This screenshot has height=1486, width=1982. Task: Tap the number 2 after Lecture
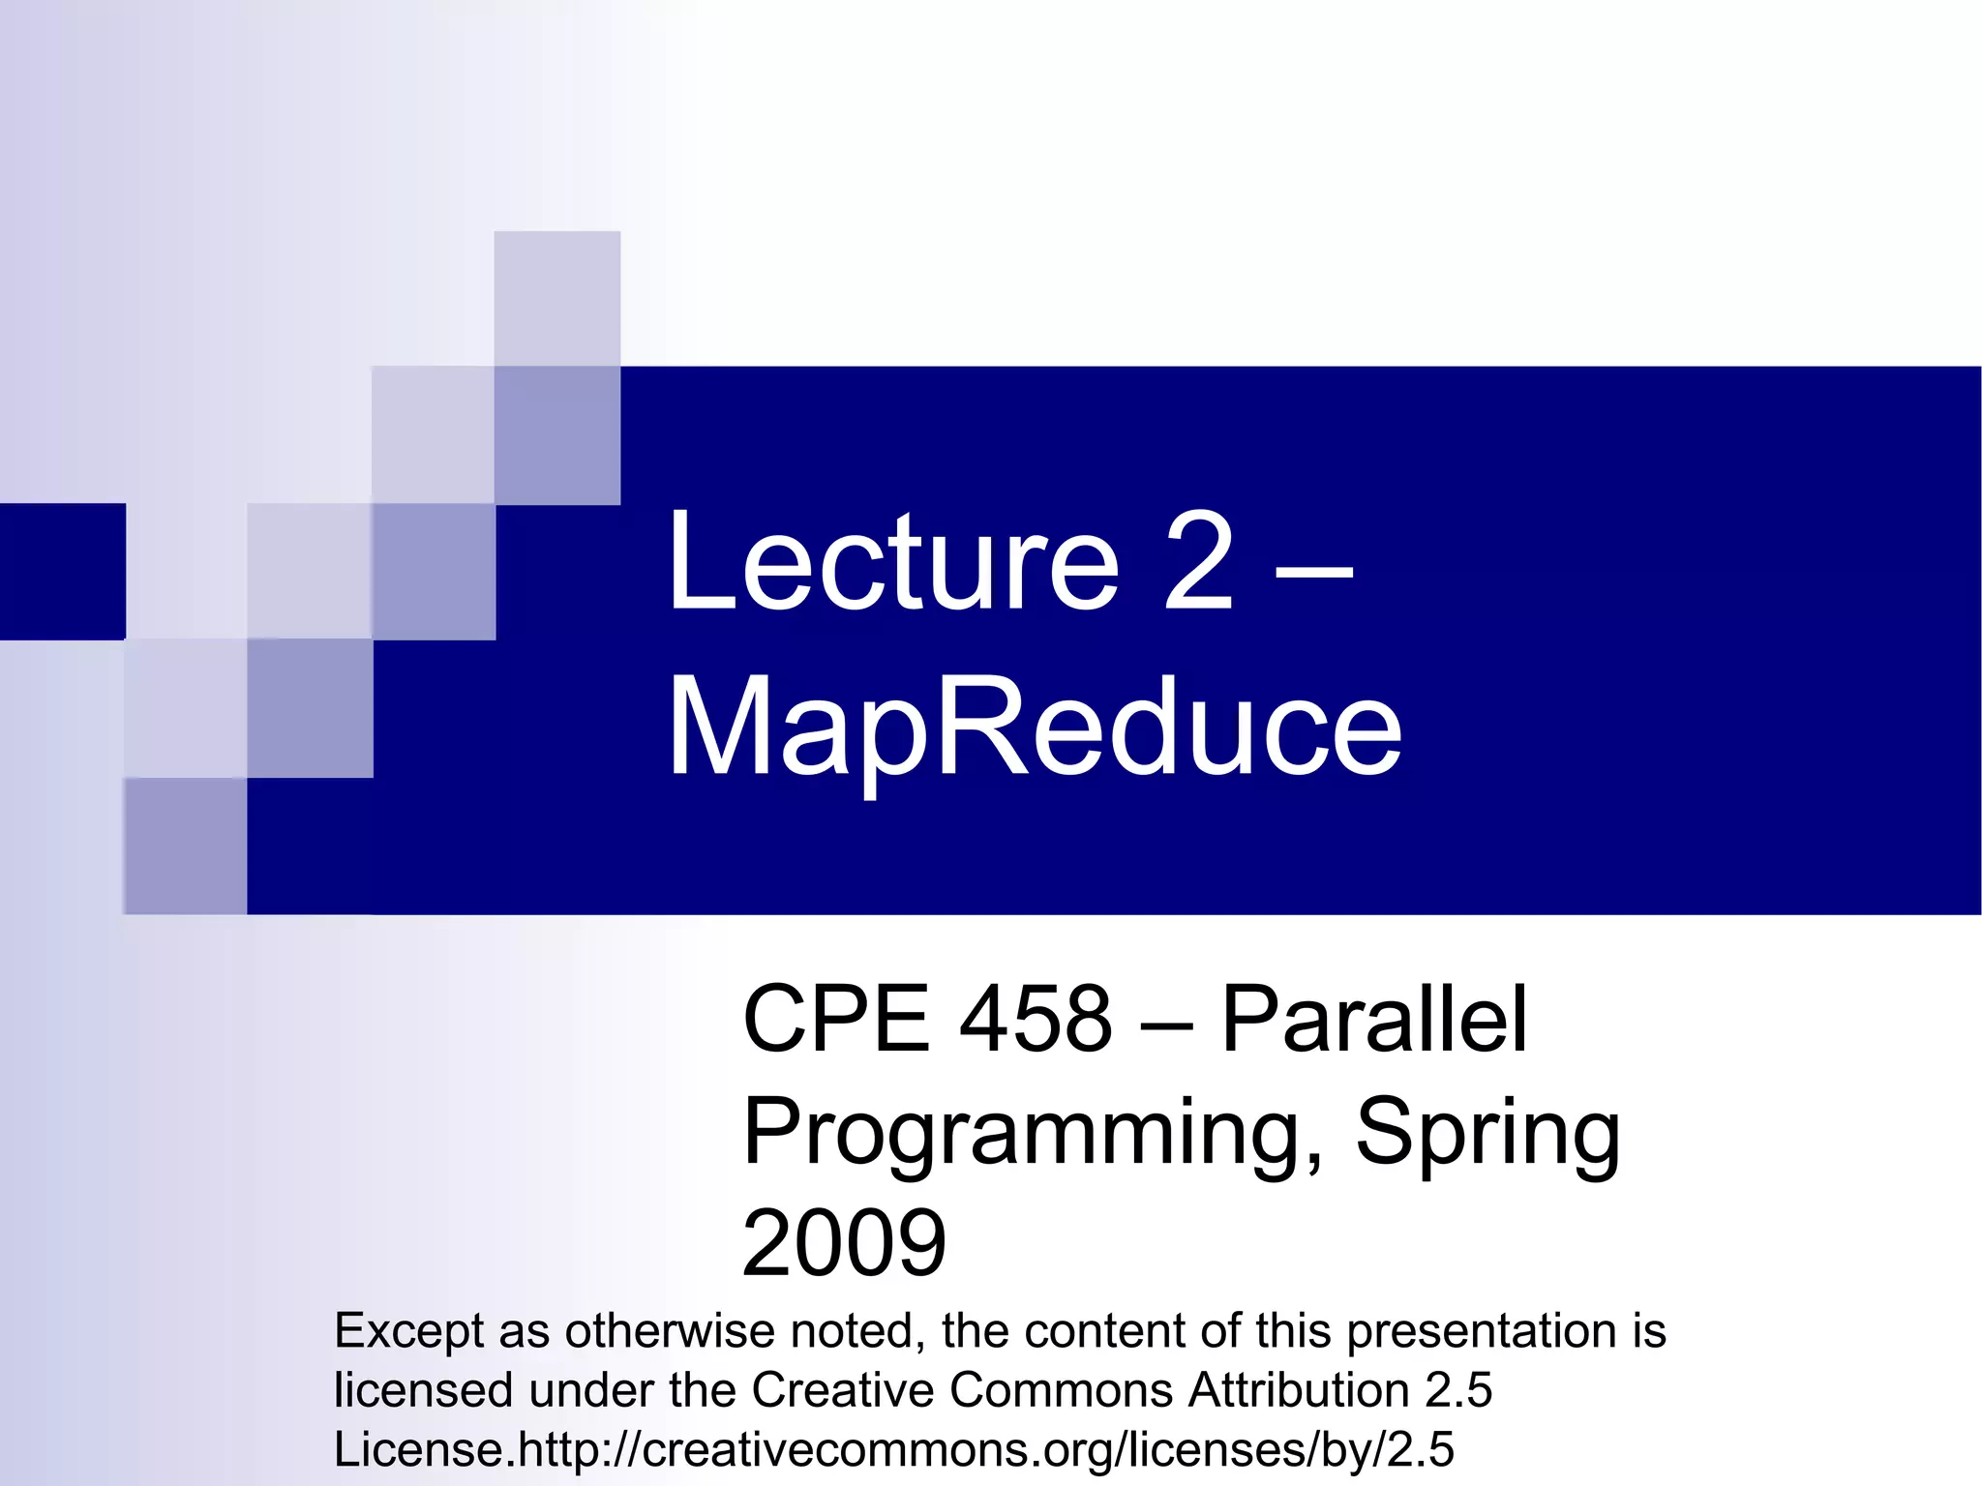tap(1198, 563)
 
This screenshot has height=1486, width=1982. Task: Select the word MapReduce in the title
tap(1034, 728)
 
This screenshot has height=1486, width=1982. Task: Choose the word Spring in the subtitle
tap(1487, 1134)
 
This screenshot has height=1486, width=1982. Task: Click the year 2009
tap(844, 1244)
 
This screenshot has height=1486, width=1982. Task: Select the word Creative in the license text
tap(843, 1390)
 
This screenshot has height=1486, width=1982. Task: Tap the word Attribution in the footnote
tap(1298, 1390)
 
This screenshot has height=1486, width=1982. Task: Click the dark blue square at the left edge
tap(62, 571)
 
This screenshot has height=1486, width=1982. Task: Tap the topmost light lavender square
tap(556, 298)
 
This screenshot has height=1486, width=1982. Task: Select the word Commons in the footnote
tap(1061, 1390)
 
